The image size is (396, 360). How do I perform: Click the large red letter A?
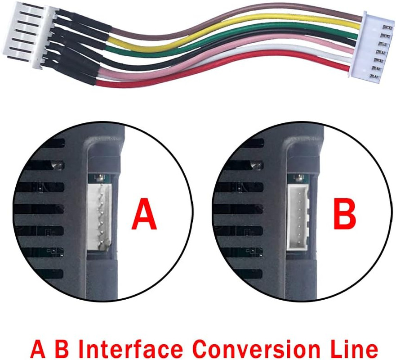coord(144,213)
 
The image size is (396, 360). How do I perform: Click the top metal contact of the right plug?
coord(386,27)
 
